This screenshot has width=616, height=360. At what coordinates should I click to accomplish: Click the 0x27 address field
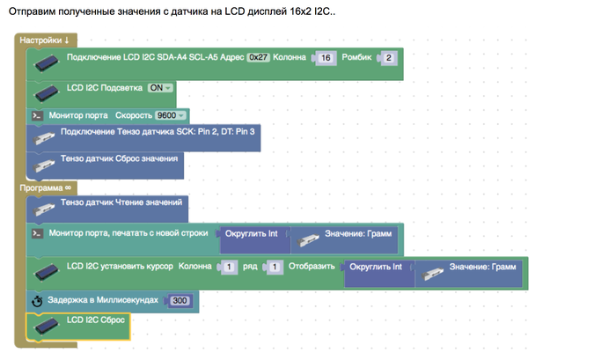(259, 58)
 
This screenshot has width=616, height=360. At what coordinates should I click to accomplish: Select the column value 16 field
(325, 58)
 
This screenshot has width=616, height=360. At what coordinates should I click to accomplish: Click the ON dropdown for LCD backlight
(160, 88)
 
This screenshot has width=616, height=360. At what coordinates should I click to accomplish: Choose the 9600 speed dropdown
(171, 115)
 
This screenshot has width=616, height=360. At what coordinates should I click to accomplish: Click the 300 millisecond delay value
(180, 301)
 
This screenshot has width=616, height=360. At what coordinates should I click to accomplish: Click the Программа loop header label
(45, 187)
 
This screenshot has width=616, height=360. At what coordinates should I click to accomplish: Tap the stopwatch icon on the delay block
(37, 301)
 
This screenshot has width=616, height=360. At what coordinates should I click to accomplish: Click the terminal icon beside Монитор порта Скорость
(37, 115)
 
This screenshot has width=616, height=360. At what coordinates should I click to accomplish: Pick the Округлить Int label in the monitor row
(252, 234)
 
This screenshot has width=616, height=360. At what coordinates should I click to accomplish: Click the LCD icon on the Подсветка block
(45, 91)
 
